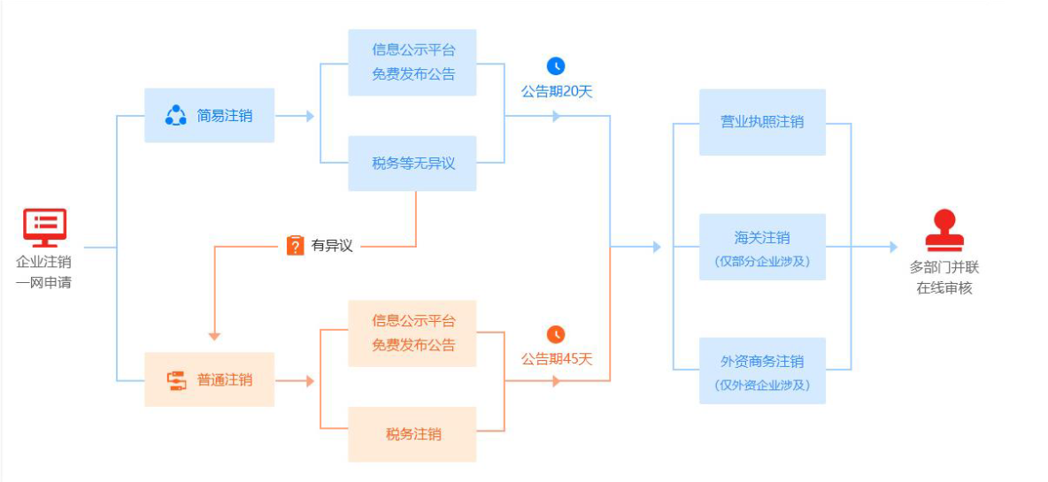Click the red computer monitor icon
(x=44, y=227)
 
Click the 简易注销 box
(x=210, y=115)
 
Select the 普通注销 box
(x=210, y=380)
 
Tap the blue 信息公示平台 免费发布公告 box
(x=412, y=62)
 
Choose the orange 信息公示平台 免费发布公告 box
(x=412, y=333)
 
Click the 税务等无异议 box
(x=412, y=164)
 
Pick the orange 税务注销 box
(x=412, y=434)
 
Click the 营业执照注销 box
(x=762, y=122)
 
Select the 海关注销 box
(x=762, y=247)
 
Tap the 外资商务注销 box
(x=762, y=371)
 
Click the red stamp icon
(x=944, y=231)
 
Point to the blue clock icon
(x=556, y=65)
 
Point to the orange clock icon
(x=556, y=334)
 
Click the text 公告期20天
(x=557, y=90)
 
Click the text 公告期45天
(x=557, y=359)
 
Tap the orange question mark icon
(x=296, y=245)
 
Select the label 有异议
(x=332, y=246)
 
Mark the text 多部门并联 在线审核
(x=944, y=277)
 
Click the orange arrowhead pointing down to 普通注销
(x=214, y=336)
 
